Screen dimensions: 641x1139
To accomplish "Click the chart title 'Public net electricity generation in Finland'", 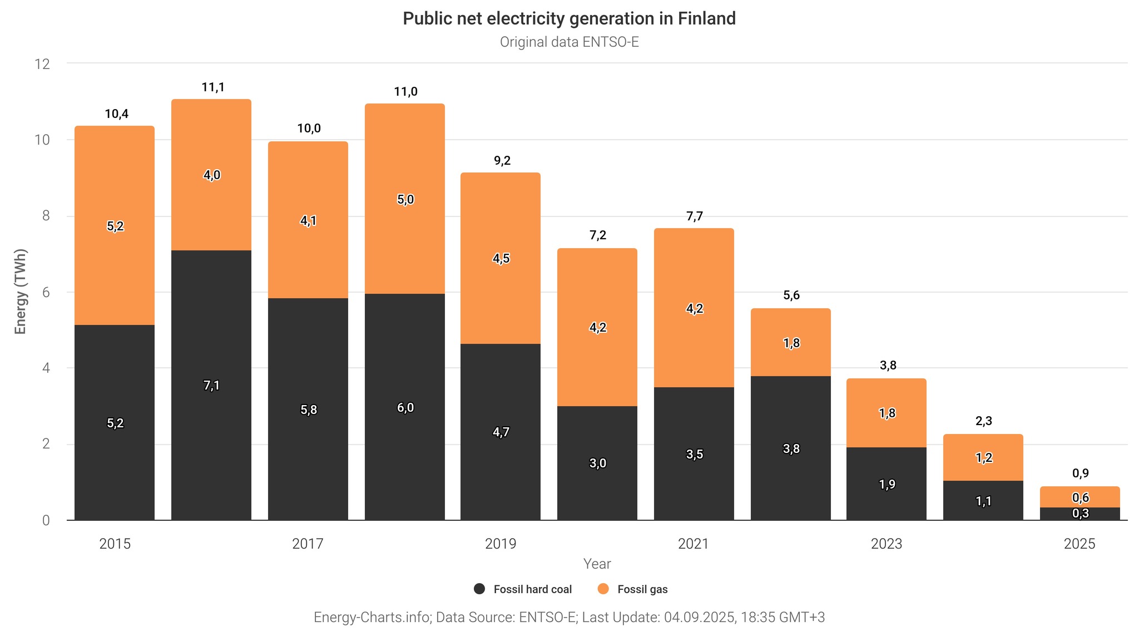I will point(569,18).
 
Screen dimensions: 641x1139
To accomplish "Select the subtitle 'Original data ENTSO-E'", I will point(569,42).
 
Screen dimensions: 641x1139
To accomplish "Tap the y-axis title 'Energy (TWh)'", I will point(21,292).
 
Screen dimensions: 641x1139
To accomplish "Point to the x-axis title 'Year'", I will point(597,564).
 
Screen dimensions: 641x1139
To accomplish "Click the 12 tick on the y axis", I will point(42,64).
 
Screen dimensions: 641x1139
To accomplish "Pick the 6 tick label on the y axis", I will point(46,293).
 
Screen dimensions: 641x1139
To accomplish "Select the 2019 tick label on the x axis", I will point(501,544).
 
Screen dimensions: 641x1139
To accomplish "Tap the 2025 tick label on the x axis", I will point(1079,544).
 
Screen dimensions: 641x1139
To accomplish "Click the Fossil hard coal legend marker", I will point(479,589).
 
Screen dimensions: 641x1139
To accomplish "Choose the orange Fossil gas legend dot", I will point(603,589).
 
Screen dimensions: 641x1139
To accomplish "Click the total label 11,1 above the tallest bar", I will point(212,87).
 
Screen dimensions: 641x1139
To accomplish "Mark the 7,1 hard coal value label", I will point(211,386).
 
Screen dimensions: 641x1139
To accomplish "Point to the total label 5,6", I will point(791,295).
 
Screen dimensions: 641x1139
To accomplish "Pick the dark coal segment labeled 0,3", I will point(1080,514).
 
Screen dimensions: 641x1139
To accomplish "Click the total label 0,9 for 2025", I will point(1080,474).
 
